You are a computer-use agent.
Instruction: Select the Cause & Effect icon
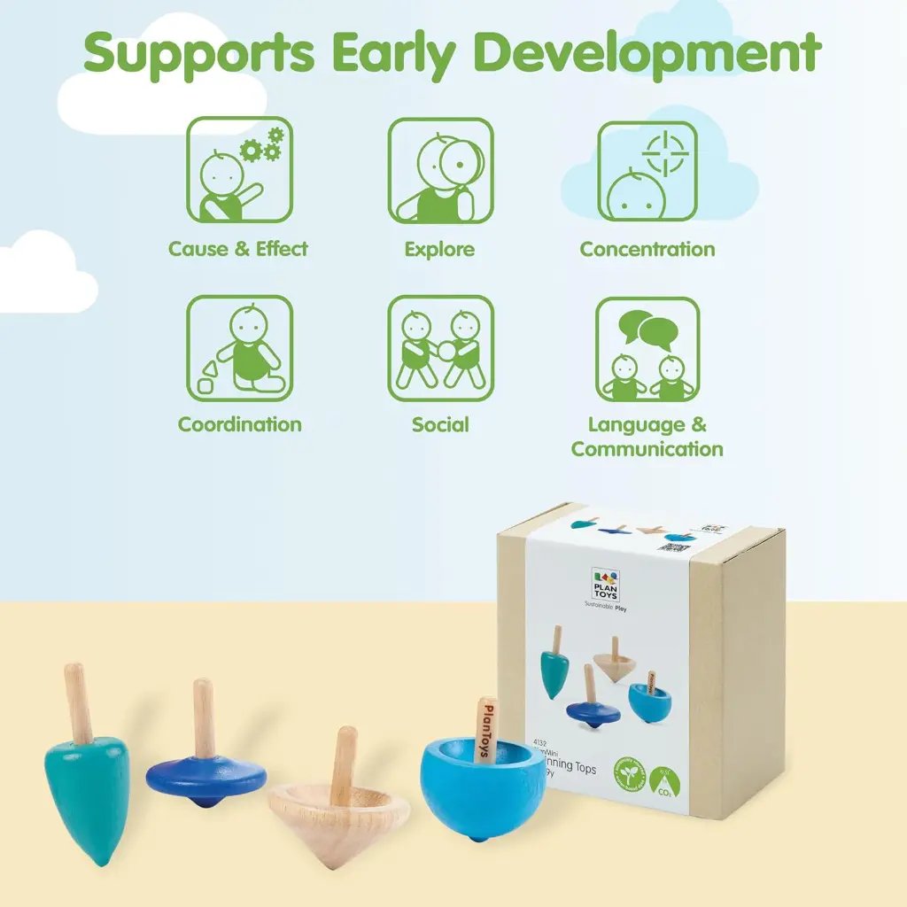point(239,169)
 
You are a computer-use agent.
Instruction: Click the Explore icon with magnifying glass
point(440,170)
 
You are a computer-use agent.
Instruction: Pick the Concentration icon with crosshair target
point(647,171)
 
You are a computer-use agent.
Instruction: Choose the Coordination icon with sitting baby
point(239,347)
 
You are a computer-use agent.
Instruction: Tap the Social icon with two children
point(440,347)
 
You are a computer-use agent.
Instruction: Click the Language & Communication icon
point(647,348)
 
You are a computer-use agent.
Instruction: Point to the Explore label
point(439,250)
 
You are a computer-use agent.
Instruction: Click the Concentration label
point(647,250)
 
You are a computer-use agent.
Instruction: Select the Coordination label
point(239,424)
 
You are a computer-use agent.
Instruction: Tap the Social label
point(440,424)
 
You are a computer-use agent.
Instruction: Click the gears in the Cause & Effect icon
point(262,146)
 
